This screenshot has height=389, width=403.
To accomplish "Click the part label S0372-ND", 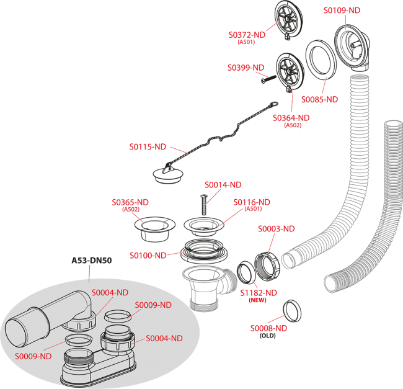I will (247, 35).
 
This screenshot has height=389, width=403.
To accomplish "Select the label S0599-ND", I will (246, 67).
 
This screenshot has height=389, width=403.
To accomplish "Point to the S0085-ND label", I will (319, 99).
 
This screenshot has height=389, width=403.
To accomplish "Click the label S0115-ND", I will (148, 147).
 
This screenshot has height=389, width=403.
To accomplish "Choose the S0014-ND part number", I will (223, 184).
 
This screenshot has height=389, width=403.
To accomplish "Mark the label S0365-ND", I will (130, 202).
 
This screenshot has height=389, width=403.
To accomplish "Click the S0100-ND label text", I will (148, 255).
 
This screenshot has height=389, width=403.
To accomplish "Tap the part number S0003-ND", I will (277, 228).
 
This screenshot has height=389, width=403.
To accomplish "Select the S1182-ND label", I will (259, 292).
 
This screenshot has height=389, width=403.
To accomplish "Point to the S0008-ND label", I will (268, 328).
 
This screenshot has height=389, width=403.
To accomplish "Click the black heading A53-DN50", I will (92, 261).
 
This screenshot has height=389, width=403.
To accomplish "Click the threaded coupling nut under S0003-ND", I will (268, 264).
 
